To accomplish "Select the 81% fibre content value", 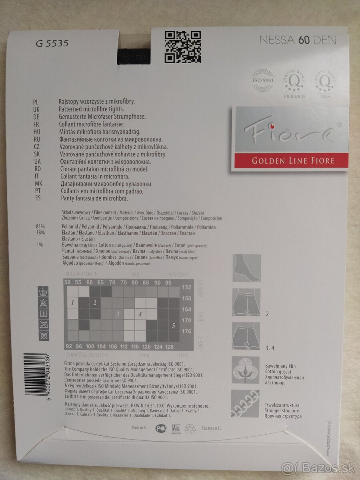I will pyautogui.click(x=40, y=227).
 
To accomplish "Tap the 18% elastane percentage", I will pyautogui.click(x=40, y=232).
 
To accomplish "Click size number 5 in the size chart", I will pyautogui.click(x=174, y=325).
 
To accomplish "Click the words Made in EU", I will pyautogui.click(x=139, y=428).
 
